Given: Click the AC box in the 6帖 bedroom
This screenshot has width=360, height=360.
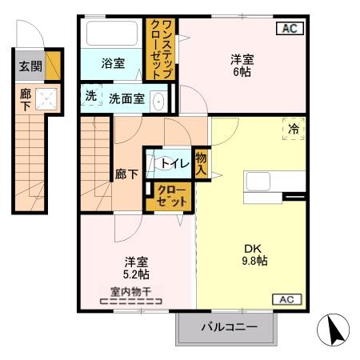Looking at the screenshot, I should click(x=289, y=29).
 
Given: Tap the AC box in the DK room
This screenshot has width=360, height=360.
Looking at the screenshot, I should click(x=288, y=299).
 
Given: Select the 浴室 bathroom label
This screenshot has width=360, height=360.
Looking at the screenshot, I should click(x=112, y=63).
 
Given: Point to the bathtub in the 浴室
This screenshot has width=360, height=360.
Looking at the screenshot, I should click(x=112, y=34).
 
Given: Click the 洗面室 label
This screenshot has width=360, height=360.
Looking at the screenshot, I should click(x=126, y=100).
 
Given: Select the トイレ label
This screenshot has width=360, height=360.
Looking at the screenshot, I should click(x=174, y=163).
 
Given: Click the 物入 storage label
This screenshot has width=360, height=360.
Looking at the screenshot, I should click(x=201, y=163).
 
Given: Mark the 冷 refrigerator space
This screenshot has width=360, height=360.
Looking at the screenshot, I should click(x=293, y=128).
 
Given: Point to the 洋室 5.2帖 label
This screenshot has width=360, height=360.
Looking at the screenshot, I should click(x=135, y=268).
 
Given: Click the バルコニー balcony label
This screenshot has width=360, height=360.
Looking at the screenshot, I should click(x=229, y=327).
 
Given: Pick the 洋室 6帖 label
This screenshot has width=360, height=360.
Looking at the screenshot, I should click(x=243, y=64).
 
